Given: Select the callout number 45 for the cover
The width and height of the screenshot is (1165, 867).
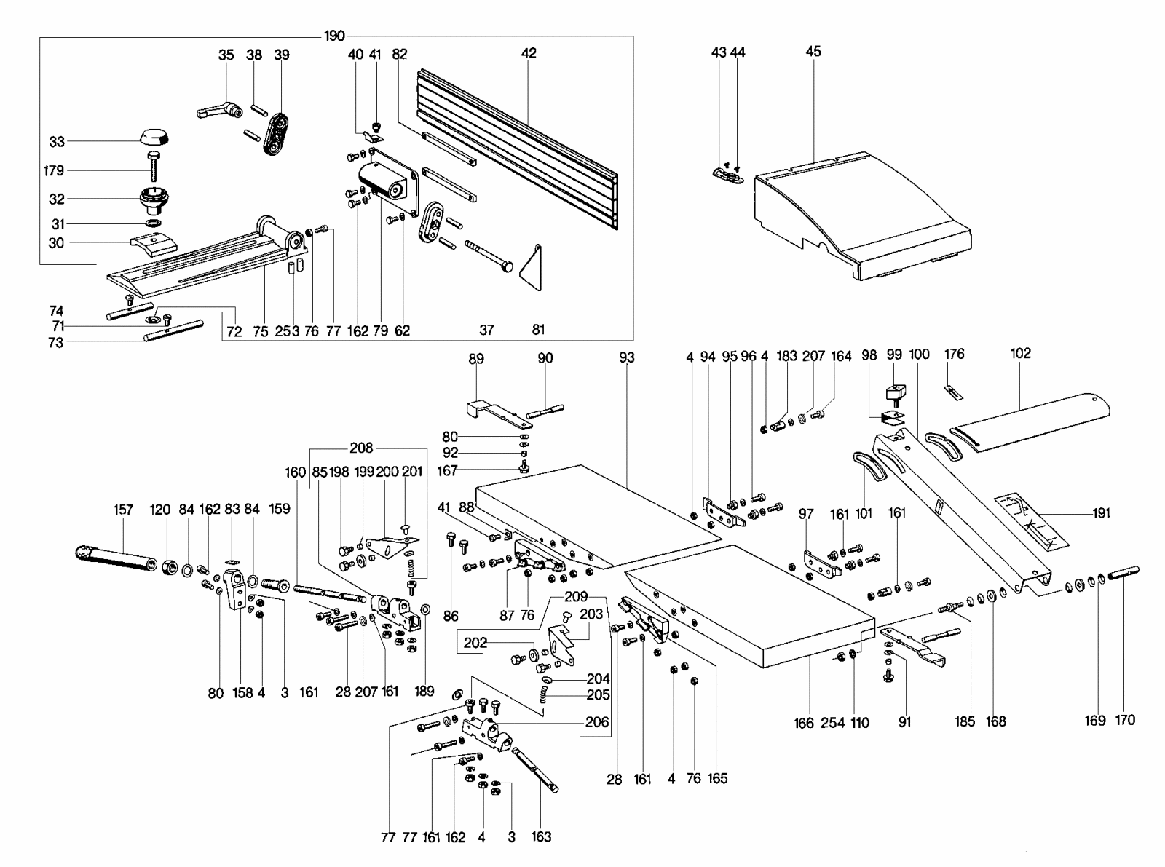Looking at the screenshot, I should (813, 51).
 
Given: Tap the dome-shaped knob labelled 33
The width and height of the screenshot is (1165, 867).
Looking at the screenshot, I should (153, 137).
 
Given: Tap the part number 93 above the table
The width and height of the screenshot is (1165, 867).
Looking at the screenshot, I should (626, 357).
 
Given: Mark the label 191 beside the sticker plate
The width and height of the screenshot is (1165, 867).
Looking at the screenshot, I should (1102, 513).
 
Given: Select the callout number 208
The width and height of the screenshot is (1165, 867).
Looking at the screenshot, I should (361, 448).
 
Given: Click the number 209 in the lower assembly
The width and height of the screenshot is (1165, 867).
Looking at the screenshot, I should (575, 597).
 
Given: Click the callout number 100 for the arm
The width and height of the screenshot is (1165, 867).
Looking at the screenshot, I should (920, 355).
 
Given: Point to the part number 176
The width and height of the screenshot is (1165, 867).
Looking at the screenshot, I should (954, 355).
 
